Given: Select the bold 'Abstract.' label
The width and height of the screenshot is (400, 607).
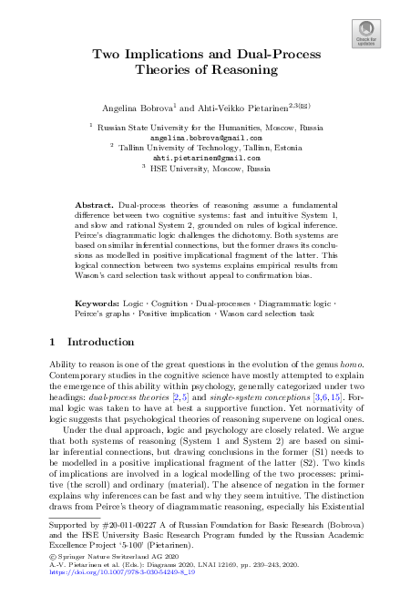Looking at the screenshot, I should [94, 207].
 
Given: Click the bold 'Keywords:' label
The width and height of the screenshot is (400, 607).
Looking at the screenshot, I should [97, 300].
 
